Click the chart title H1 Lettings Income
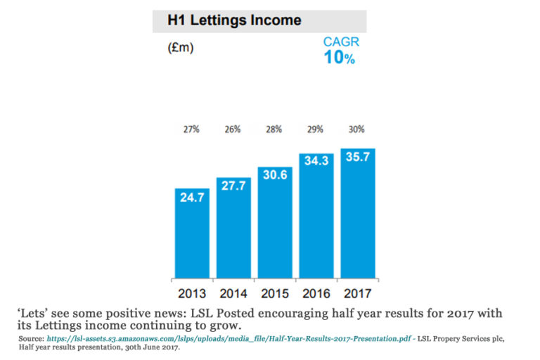pyautogui.click(x=234, y=20)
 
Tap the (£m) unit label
pyautogui.click(x=180, y=49)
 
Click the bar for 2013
pyautogui.click(x=192, y=236)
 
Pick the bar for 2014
pyautogui.click(x=233, y=229)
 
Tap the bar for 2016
pyautogui.click(x=316, y=214)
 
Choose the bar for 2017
pyautogui.click(x=357, y=211)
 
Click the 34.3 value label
pyautogui.click(x=316, y=162)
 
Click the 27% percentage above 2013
pyautogui.click(x=192, y=129)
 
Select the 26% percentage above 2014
pyautogui.click(x=233, y=129)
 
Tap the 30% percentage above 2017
pyautogui.click(x=357, y=129)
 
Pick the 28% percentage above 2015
pyautogui.click(x=274, y=129)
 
